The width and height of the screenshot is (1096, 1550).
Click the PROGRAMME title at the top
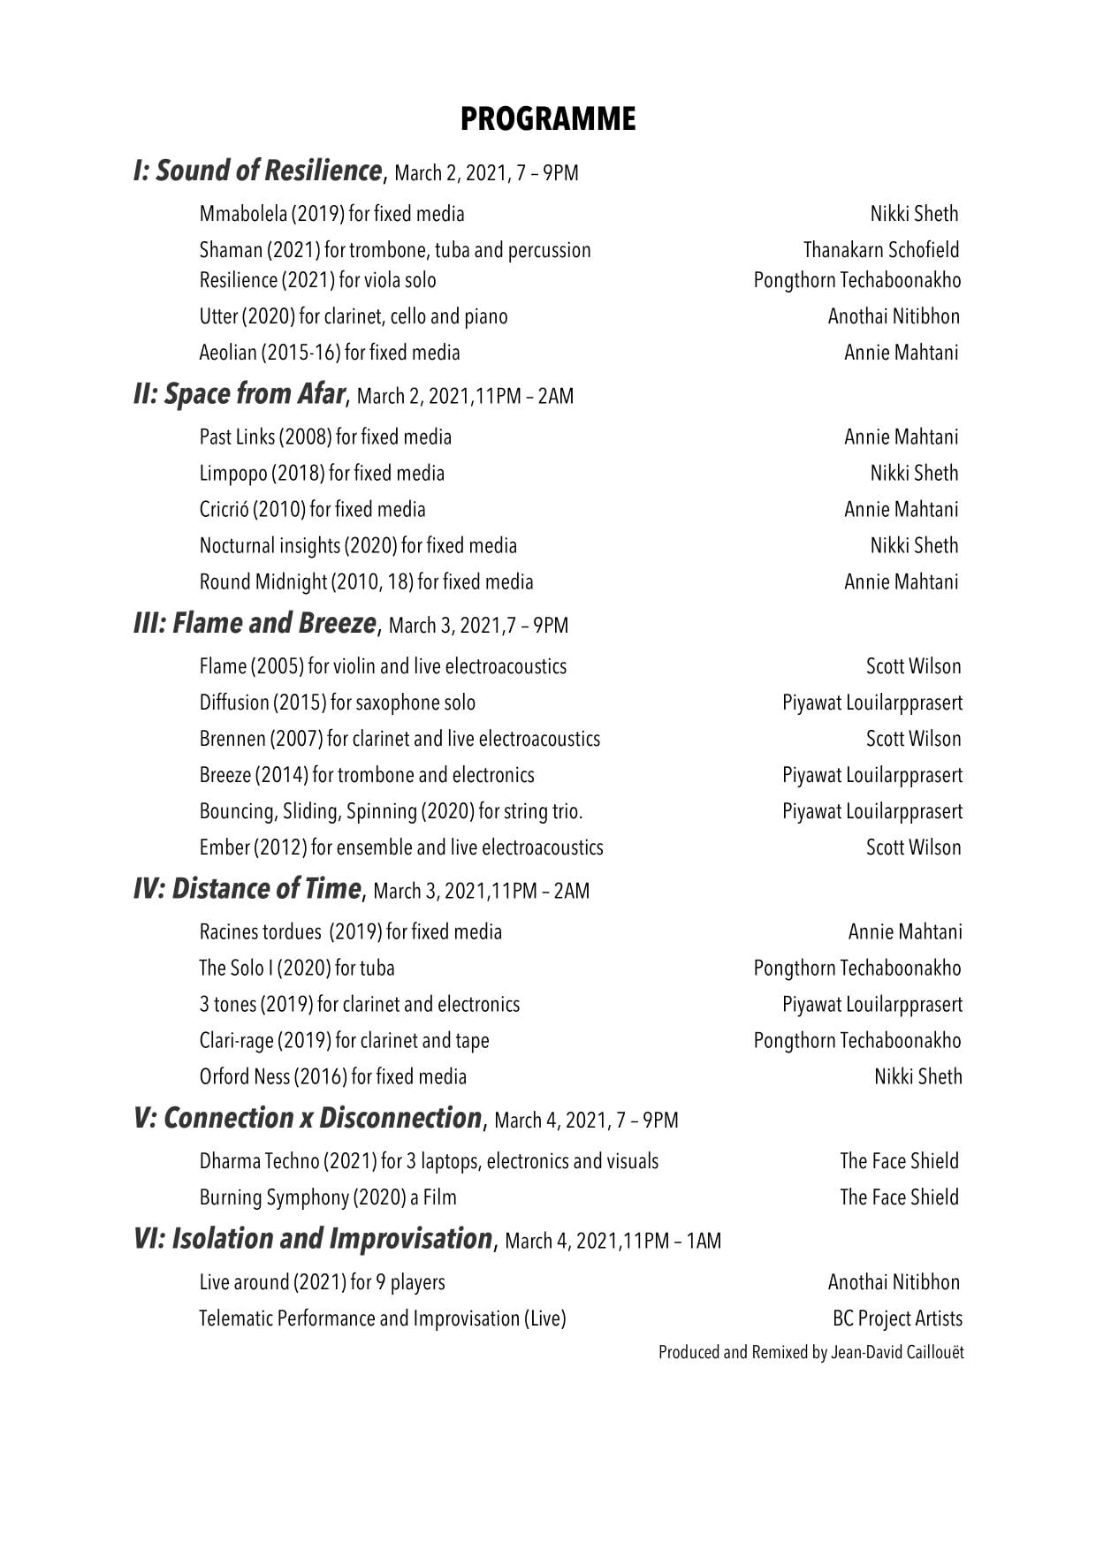(x=547, y=119)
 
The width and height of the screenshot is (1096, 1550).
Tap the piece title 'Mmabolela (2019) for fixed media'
(x=331, y=214)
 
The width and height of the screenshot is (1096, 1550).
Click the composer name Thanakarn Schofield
(x=880, y=250)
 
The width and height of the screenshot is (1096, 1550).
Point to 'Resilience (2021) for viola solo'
(x=317, y=280)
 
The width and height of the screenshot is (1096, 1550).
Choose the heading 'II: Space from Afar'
(x=239, y=394)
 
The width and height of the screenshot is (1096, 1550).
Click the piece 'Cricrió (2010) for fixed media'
(x=312, y=509)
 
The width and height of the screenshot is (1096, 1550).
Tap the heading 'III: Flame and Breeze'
(x=255, y=624)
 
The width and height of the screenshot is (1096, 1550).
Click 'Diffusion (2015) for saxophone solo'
(x=337, y=703)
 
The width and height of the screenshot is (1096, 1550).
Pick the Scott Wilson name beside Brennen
(x=913, y=739)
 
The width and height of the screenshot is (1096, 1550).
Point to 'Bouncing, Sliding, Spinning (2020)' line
(x=391, y=811)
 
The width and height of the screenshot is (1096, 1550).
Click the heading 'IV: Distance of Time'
(x=247, y=889)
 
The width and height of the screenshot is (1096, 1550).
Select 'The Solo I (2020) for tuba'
(x=297, y=969)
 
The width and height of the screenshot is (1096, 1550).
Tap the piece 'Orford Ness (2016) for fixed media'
(x=332, y=1077)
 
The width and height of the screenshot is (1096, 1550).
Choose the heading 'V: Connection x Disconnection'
(x=308, y=1119)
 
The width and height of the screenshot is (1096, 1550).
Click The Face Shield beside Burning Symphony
(x=899, y=1197)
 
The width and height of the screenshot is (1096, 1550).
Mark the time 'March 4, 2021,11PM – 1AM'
(x=613, y=1242)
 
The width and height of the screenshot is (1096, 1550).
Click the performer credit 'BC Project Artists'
(x=897, y=1318)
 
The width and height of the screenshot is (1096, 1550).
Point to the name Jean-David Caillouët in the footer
(x=897, y=1353)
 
